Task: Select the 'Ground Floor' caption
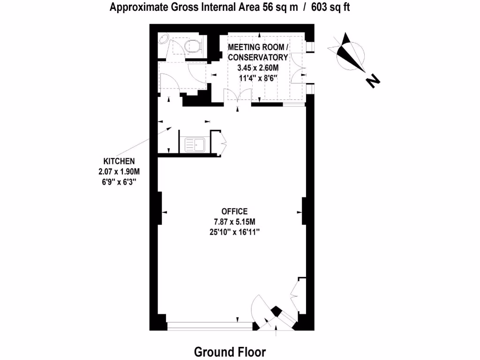(x=230, y=352)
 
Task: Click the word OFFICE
(x=234, y=211)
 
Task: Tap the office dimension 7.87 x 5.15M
(x=234, y=221)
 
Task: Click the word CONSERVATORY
(x=257, y=57)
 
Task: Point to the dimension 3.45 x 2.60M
(x=257, y=67)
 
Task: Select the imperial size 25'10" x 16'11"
(x=234, y=232)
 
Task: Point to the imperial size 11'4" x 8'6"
(x=257, y=78)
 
